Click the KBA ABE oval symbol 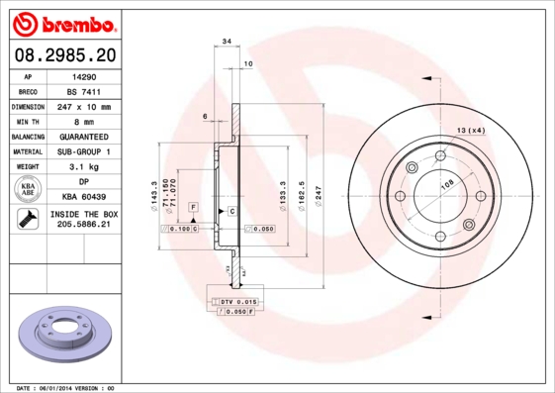(x=28, y=190)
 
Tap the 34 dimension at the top (x=227, y=43)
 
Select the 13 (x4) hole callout (x=471, y=131)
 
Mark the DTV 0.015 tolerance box (x=238, y=300)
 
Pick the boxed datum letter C (x=231, y=212)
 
